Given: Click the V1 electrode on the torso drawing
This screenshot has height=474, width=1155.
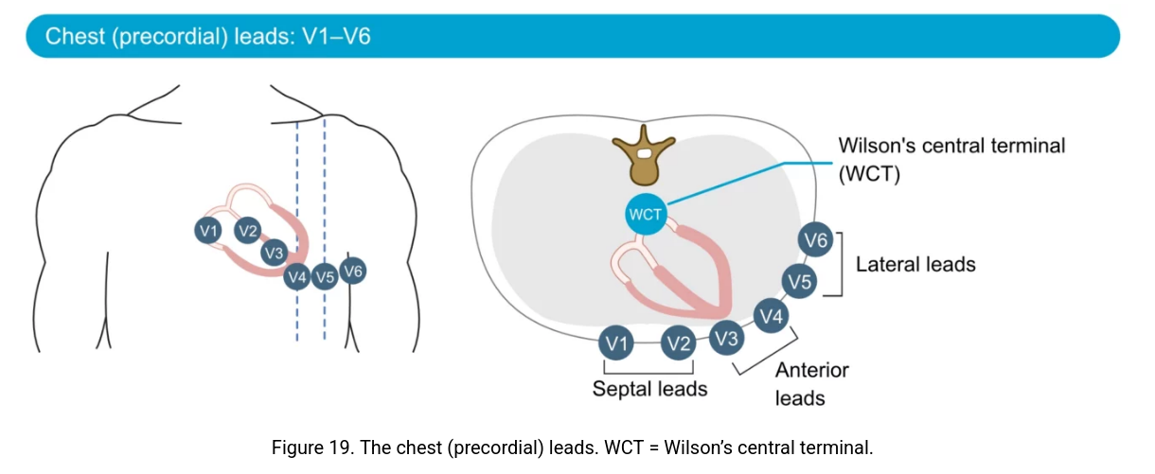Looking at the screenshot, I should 208,230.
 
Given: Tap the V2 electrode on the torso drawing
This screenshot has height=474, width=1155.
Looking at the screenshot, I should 248,230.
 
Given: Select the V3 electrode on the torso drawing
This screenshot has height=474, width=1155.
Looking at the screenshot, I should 275,253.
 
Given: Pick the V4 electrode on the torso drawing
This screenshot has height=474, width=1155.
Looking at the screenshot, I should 297,277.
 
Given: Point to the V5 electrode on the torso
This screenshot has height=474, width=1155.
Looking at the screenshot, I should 325,277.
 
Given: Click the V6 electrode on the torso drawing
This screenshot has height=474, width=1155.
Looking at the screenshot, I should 353,272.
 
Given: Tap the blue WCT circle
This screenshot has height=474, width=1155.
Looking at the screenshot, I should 645,215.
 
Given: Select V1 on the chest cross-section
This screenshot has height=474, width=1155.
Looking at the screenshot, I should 617,343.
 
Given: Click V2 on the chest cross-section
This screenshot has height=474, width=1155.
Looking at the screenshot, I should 678,343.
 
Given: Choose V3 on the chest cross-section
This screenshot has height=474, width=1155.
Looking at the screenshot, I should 726,337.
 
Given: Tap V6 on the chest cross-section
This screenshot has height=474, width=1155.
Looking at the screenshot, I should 815,241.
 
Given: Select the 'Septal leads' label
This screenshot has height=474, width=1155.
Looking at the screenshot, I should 649,389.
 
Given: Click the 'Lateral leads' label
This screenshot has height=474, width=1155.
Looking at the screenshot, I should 915,264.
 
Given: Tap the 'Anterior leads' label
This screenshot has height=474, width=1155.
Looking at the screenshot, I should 811,383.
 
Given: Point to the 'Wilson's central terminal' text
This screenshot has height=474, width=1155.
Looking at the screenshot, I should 951,147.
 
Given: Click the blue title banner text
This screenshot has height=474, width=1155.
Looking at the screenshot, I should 207,37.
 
